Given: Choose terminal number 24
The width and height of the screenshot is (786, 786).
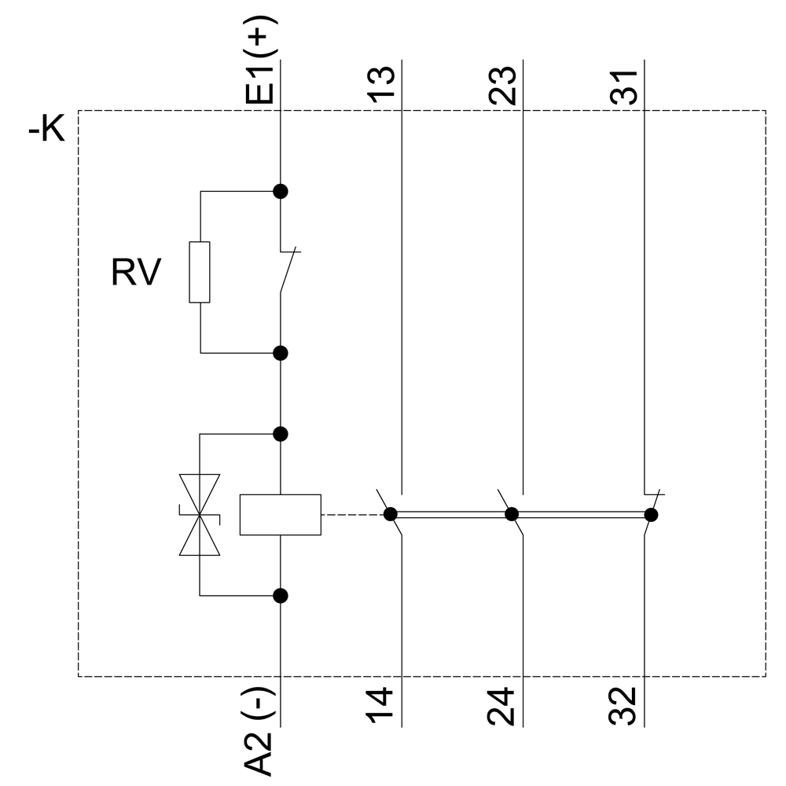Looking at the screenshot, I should [503, 706].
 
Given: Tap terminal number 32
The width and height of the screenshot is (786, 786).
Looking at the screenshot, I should [625, 706].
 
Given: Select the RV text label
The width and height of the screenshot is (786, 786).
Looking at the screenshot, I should [136, 274].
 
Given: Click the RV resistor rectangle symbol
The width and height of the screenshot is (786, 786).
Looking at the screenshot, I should [200, 272].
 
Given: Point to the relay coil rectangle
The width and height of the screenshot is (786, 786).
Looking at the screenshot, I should [280, 515].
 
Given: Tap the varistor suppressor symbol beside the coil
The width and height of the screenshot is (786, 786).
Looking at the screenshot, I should [200, 515].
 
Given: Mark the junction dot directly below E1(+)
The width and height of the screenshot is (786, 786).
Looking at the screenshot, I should [280, 191].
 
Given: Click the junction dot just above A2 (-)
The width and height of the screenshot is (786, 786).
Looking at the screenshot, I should [280, 596].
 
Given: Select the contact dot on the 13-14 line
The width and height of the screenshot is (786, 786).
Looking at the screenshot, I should [390, 515].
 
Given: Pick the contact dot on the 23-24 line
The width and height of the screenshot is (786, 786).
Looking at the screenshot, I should [512, 515].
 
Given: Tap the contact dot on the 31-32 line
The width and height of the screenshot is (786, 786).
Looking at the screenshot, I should [650, 515].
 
